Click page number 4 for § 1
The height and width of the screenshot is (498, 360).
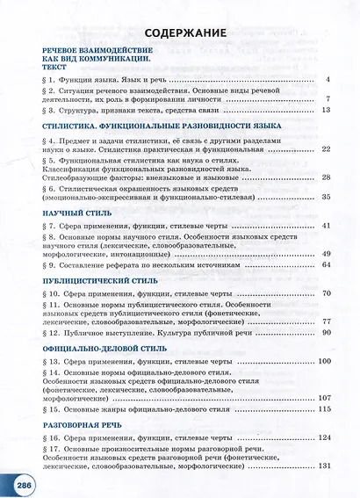327,80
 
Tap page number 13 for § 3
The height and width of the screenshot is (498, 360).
325,111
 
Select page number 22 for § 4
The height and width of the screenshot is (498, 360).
325,150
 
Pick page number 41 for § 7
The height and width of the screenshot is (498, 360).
325,226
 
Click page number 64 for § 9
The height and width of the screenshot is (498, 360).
325,264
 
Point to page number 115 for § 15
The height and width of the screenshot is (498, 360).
322,409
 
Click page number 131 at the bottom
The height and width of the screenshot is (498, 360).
322,466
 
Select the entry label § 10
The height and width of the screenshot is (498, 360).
52,293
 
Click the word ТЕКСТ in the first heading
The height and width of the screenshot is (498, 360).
54,66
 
